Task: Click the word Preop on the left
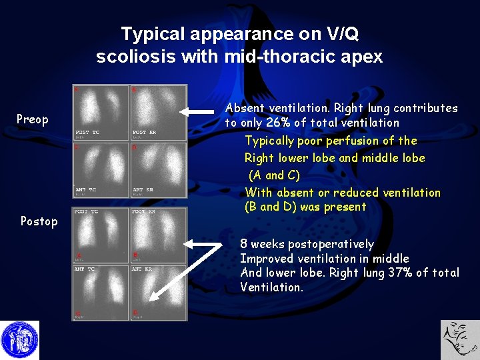tap(33, 119)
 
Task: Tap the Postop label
tap(39, 221)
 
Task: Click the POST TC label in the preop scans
tap(87, 133)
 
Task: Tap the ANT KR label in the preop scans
tap(144, 190)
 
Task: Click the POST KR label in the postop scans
tap(144, 212)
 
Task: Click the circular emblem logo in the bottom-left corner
tap(19, 340)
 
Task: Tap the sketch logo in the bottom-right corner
tap(460, 340)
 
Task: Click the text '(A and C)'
tap(274, 176)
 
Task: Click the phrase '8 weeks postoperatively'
tap(307, 245)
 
